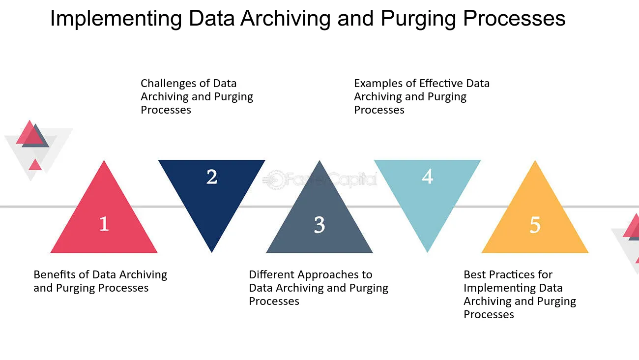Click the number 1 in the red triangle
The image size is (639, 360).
tap(104, 224)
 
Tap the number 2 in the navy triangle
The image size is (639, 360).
tap(212, 177)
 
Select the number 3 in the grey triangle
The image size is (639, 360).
tap(319, 225)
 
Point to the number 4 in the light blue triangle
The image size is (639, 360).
tap(427, 177)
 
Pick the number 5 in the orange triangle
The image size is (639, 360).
tap(535, 225)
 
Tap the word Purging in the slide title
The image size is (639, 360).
tap(418, 19)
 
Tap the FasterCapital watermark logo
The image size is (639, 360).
tap(320, 180)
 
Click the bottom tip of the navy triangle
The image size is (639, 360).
tap(212, 252)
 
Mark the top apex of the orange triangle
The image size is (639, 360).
tap(535, 160)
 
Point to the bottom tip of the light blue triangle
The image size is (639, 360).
tap(427, 252)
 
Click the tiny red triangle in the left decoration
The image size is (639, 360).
tap(35, 165)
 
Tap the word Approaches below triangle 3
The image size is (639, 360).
tap(326, 275)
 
